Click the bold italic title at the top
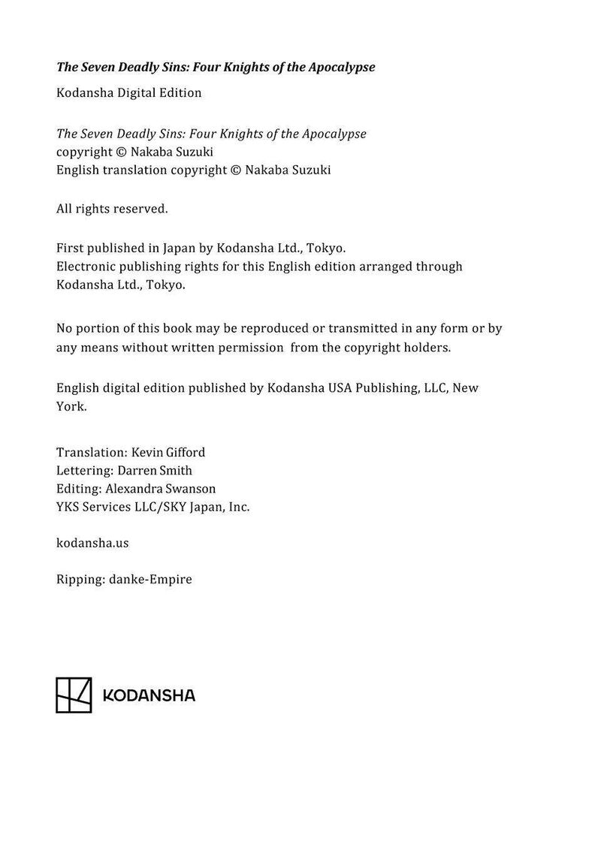[x=216, y=67]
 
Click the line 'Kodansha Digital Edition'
[x=129, y=93]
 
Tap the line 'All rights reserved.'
[x=112, y=209]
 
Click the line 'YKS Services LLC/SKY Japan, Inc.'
[x=153, y=507]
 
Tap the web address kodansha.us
[x=92, y=543]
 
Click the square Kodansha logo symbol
[x=74, y=695]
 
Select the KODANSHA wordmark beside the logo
[x=148, y=695]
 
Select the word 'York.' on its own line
[x=71, y=406]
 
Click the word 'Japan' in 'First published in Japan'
[x=180, y=248]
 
